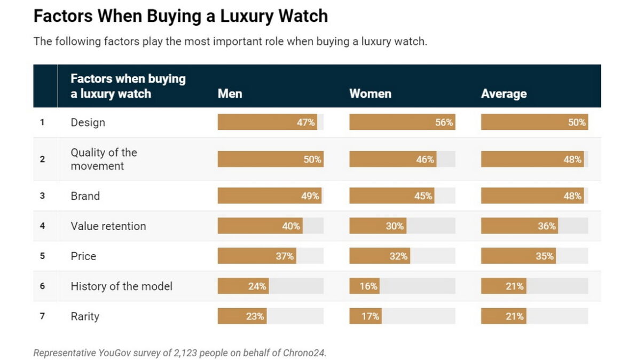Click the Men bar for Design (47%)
[267, 122]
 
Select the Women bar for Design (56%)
[402, 122]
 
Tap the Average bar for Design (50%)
[534, 122]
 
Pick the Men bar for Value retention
[260, 226]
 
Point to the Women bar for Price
[379, 256]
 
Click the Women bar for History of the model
[364, 286]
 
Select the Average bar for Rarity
[503, 316]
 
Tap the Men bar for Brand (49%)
[269, 196]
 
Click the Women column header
[370, 93]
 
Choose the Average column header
[504, 93]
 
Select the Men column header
[230, 93]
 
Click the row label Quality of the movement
[104, 159]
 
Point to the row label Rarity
[85, 316]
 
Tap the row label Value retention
[108, 226]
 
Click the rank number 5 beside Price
[42, 256]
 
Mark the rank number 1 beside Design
[42, 122]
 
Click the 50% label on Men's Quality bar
[312, 159]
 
